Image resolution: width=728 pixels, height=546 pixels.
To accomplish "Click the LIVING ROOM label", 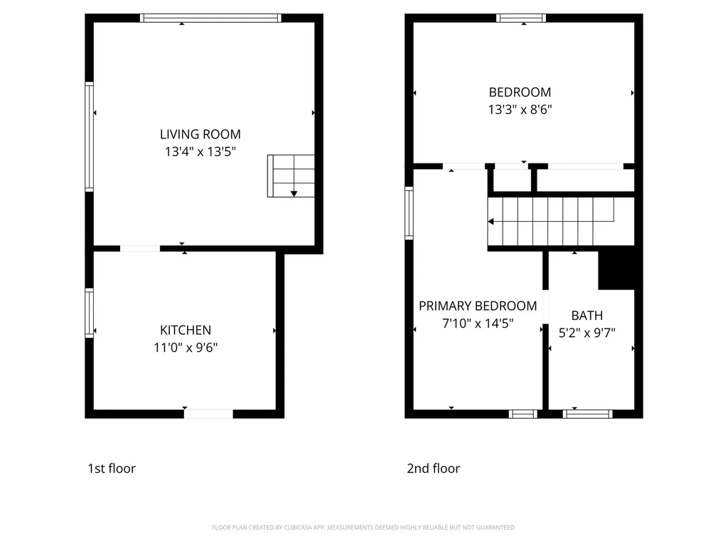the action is coord(200,134).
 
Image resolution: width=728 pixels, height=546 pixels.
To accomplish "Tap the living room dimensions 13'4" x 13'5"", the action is coord(200,151).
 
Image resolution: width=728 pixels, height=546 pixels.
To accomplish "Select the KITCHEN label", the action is coord(186,330).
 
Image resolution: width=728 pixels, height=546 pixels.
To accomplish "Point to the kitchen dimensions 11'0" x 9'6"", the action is coord(186,347).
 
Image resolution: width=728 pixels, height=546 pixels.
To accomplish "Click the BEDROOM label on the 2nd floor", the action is coord(520,92).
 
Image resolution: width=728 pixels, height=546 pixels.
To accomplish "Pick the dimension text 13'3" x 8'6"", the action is coord(520,109).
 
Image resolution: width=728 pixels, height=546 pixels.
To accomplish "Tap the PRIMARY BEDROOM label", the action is coord(478,306).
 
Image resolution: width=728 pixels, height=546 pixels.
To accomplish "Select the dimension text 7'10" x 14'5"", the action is coord(478,323).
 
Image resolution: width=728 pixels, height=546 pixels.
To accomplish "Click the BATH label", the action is coord(587,316).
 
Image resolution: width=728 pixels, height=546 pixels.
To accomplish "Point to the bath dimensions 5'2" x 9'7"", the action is coord(587,333).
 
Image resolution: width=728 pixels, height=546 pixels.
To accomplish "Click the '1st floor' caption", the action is coord(112,469).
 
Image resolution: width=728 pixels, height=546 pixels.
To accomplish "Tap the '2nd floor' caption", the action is coord(433,469).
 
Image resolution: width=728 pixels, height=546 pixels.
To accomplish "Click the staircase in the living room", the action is coord(291,176).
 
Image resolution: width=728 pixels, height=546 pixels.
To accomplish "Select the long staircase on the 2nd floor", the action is coord(561,222).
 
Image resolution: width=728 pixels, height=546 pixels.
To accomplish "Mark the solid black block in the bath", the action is coord(616,271).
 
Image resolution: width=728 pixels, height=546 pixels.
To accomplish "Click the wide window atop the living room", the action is coord(210,18).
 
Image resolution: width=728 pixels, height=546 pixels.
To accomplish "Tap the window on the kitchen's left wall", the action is coord(89,313).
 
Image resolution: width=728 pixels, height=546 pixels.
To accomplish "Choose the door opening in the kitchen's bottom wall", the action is coord(208,414).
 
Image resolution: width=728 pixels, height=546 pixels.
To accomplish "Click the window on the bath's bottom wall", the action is coord(587,414).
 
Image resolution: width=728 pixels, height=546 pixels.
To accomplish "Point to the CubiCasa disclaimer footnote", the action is coord(363,528).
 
